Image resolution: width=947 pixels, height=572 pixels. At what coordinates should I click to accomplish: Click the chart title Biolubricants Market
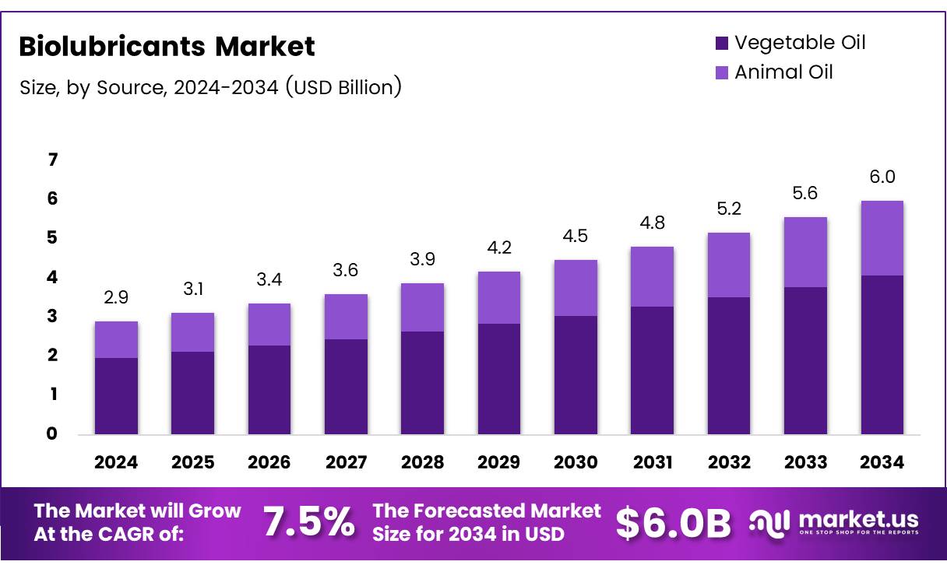167,47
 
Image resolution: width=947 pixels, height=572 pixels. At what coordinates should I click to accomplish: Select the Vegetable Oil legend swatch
721,43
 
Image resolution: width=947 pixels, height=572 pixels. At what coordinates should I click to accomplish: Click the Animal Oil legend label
783,72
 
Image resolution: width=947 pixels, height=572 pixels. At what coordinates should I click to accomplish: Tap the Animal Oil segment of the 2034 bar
882,238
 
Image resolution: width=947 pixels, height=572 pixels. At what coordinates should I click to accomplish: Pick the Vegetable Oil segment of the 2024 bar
116,395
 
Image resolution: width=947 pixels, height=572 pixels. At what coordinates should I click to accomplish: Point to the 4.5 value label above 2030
576,236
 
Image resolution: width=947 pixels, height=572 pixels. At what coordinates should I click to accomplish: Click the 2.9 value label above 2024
116,297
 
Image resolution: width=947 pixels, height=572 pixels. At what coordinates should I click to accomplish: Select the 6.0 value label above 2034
882,177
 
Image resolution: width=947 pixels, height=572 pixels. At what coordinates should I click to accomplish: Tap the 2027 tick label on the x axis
346,462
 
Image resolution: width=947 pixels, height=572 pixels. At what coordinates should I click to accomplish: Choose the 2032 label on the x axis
729,462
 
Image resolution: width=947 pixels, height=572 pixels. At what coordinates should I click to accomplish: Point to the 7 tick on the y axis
53,160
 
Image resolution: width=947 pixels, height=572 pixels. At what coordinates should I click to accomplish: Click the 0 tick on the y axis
53,433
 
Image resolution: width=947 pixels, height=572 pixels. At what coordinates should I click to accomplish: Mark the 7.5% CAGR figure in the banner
308,522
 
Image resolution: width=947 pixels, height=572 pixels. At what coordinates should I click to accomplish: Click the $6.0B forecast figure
674,523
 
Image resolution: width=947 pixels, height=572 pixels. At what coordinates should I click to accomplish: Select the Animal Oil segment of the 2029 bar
499,297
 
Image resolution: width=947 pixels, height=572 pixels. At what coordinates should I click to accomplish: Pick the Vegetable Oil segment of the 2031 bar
653,370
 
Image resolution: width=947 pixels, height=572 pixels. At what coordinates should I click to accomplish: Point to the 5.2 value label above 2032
729,209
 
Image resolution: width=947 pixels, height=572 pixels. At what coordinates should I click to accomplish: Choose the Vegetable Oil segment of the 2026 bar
269,389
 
